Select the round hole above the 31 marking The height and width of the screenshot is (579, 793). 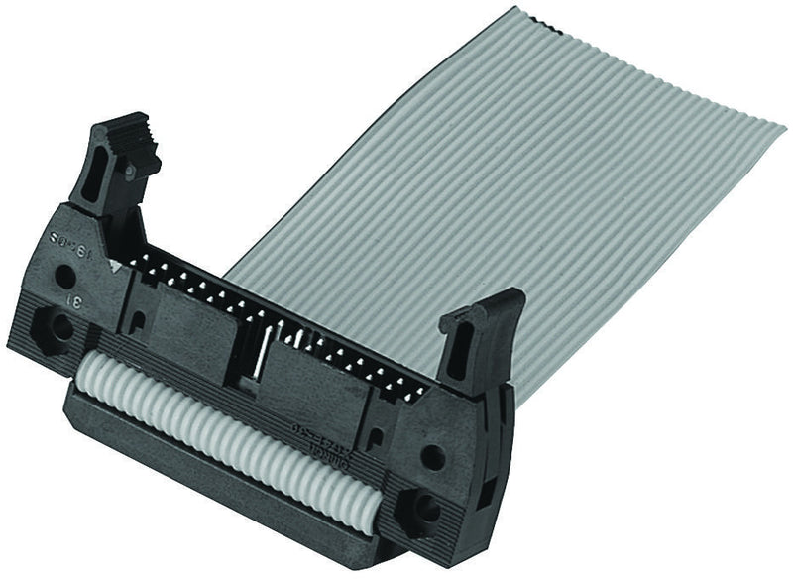click(64, 276)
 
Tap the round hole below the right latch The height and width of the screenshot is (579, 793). click(432, 458)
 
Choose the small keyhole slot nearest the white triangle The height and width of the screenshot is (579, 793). click(140, 318)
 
